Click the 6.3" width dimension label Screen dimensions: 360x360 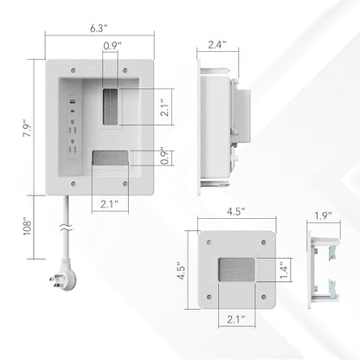click(x=99, y=29)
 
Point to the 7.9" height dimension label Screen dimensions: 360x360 click(x=28, y=131)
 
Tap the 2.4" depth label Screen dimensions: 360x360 click(x=217, y=45)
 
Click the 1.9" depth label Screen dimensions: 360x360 click(x=324, y=215)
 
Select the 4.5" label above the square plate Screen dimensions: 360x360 click(x=236, y=211)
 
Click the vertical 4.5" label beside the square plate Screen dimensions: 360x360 click(x=182, y=271)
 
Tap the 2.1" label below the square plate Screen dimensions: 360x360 click(x=236, y=319)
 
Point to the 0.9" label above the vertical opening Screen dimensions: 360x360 click(x=112, y=46)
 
